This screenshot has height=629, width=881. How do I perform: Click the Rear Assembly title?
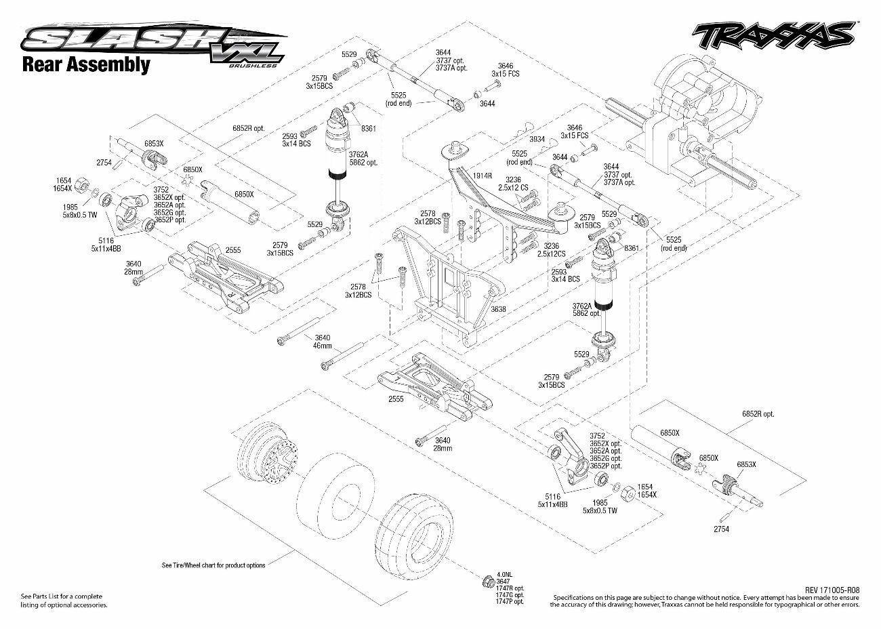85,65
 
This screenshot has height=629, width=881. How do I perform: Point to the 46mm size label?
322,346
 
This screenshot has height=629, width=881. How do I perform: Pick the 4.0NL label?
504,573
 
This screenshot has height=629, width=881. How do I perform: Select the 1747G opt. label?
510,594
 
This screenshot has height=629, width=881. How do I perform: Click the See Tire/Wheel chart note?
213,565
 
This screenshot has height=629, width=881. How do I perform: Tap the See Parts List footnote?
61,596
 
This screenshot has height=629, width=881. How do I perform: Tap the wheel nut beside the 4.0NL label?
486,582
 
